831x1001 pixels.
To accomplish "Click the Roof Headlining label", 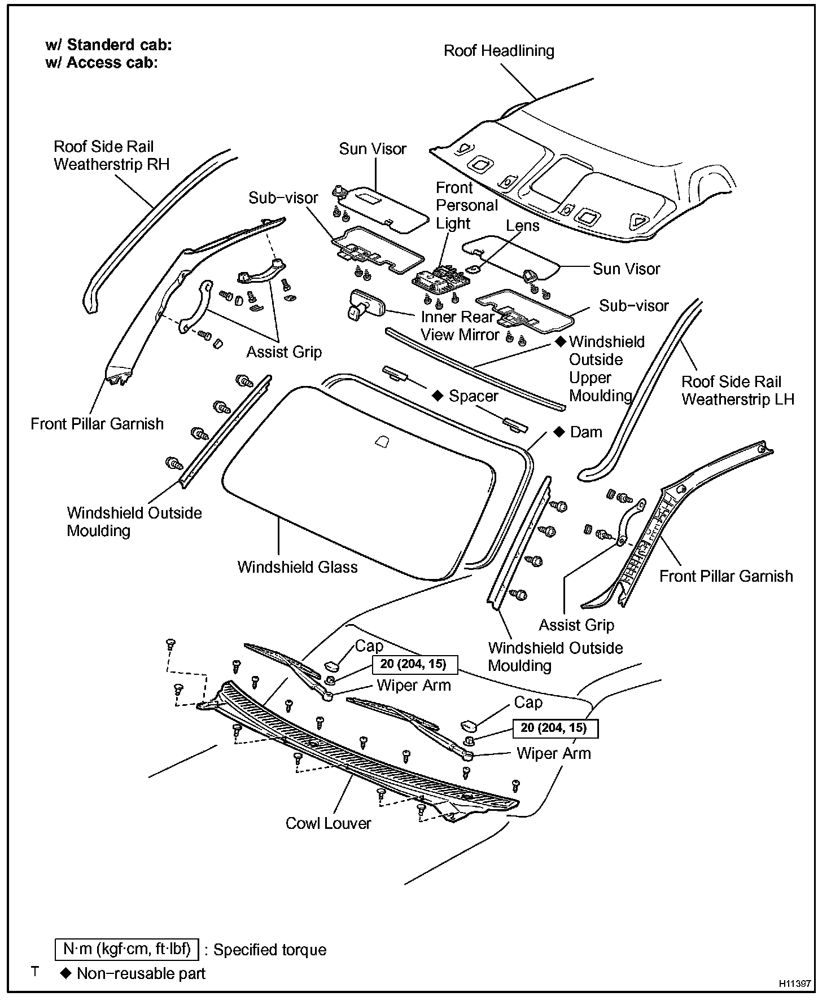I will point(498,51).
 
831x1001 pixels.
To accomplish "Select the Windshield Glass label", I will point(298,567).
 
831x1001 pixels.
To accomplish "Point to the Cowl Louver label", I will point(328,823).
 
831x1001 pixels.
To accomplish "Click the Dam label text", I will point(586,432).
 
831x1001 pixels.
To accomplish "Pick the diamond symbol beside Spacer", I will point(437,396).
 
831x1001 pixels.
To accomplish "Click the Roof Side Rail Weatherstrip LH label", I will point(737,390).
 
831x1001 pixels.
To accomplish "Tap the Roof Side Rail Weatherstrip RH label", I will point(111,155).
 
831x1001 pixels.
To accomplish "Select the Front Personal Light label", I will point(467,205).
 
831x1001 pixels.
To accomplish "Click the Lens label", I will point(523,226).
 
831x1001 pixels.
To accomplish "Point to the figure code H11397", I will point(795,984).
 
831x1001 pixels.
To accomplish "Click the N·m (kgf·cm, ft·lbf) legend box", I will point(127,950).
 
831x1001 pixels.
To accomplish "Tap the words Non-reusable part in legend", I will point(141,973).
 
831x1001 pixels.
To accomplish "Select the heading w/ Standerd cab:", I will point(108,45).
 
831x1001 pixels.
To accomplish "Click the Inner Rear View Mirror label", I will point(460,326).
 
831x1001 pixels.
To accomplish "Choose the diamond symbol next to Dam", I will point(559,432).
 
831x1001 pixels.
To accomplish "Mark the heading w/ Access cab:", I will point(101,63).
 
